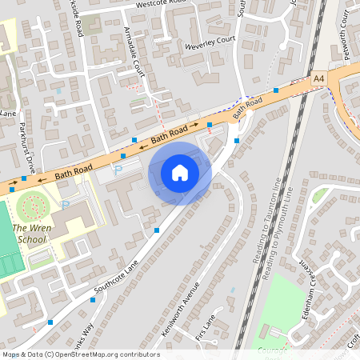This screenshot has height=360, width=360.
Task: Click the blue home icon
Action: coord(180,172)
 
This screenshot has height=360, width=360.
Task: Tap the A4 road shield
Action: coord(319,78)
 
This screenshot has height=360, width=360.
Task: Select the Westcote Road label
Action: coord(160,4)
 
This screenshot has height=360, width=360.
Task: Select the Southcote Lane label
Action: coord(116,275)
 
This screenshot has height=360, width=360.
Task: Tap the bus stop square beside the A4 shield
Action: coord(276,90)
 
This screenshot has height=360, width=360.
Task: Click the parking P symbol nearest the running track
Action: coord(66,205)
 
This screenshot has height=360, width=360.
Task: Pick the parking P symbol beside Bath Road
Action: coord(118,170)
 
